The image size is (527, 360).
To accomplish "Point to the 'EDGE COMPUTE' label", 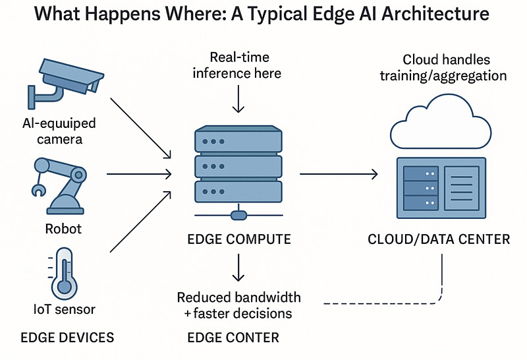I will [x=240, y=239].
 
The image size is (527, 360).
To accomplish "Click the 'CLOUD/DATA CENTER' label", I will [x=439, y=239].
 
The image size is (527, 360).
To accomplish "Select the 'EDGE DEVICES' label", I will [x=67, y=338].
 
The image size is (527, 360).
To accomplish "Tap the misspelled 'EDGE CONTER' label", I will [x=233, y=338].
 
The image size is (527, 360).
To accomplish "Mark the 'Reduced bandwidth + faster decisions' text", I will [x=238, y=305].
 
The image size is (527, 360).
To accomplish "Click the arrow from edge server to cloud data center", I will [x=339, y=174].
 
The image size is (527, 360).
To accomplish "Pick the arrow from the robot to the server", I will [x=138, y=174].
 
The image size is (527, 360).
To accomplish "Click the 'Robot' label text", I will [x=63, y=229].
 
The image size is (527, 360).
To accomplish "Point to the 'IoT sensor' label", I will [x=65, y=309].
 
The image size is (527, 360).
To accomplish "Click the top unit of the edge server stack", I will [x=238, y=140].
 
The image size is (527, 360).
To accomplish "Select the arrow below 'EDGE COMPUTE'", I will [x=238, y=267].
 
